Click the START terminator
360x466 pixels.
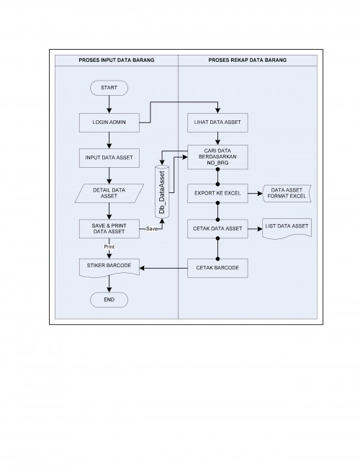click(x=109, y=88)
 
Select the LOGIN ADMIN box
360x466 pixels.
click(x=109, y=122)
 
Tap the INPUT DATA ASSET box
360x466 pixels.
click(x=109, y=158)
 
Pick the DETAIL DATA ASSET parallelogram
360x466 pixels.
click(x=109, y=193)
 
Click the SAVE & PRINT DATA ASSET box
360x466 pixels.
click(x=109, y=228)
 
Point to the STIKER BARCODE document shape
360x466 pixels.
click(x=109, y=267)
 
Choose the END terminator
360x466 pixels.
click(x=109, y=300)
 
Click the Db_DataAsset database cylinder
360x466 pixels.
click(x=162, y=192)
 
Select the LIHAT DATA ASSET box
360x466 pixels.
click(x=217, y=122)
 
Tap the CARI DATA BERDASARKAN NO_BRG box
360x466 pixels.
click(x=217, y=157)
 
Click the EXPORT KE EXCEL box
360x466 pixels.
click(x=217, y=193)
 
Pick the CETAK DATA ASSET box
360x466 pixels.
click(x=217, y=228)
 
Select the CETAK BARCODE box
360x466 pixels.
click(x=217, y=268)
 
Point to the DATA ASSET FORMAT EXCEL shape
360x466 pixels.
click(x=287, y=193)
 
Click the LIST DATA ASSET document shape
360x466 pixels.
click(x=287, y=228)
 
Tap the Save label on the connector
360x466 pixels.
click(x=152, y=229)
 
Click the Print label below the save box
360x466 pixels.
click(x=109, y=246)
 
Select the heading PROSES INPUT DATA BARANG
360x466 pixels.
click(x=117, y=60)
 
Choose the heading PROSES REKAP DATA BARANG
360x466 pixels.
click(x=248, y=60)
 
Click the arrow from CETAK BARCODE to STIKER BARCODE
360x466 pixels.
click(x=163, y=268)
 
